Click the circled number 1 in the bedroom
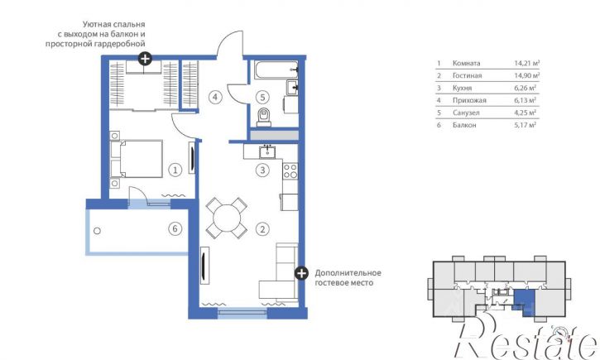[175, 170]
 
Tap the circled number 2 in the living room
[262, 229]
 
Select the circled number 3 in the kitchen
[262, 170]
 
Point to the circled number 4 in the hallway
[215, 97]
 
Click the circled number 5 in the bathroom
[262, 97]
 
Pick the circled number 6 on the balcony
[175, 228]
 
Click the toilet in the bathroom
[264, 117]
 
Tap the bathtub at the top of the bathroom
[276, 70]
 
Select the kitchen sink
[267, 152]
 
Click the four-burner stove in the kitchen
[290, 170]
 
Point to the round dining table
[227, 218]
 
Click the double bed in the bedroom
[141, 159]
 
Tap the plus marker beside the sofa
[302, 273]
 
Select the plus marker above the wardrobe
[145, 59]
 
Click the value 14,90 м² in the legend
[526, 75]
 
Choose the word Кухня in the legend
[462, 88]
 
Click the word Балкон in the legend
[464, 125]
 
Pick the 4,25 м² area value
[525, 113]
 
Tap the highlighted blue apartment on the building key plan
[525, 300]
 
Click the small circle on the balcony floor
[97, 231]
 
